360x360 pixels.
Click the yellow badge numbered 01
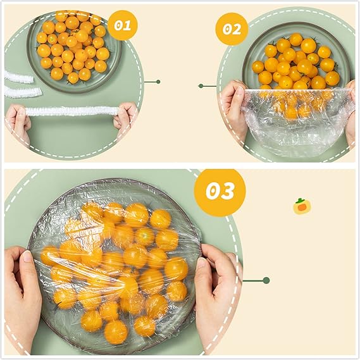coord(122,25)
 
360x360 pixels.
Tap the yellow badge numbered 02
coord(232,29)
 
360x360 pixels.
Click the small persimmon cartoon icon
coord(302,206)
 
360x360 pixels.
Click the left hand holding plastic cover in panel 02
coord(232,108)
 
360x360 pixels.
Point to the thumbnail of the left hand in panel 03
coord(28,256)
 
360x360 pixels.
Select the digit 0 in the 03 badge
coord(212,191)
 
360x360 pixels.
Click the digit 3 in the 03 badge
coord(228,191)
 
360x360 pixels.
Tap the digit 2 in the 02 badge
coord(237,30)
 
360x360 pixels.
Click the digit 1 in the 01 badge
coord(128,25)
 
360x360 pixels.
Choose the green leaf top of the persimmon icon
coord(300,201)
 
